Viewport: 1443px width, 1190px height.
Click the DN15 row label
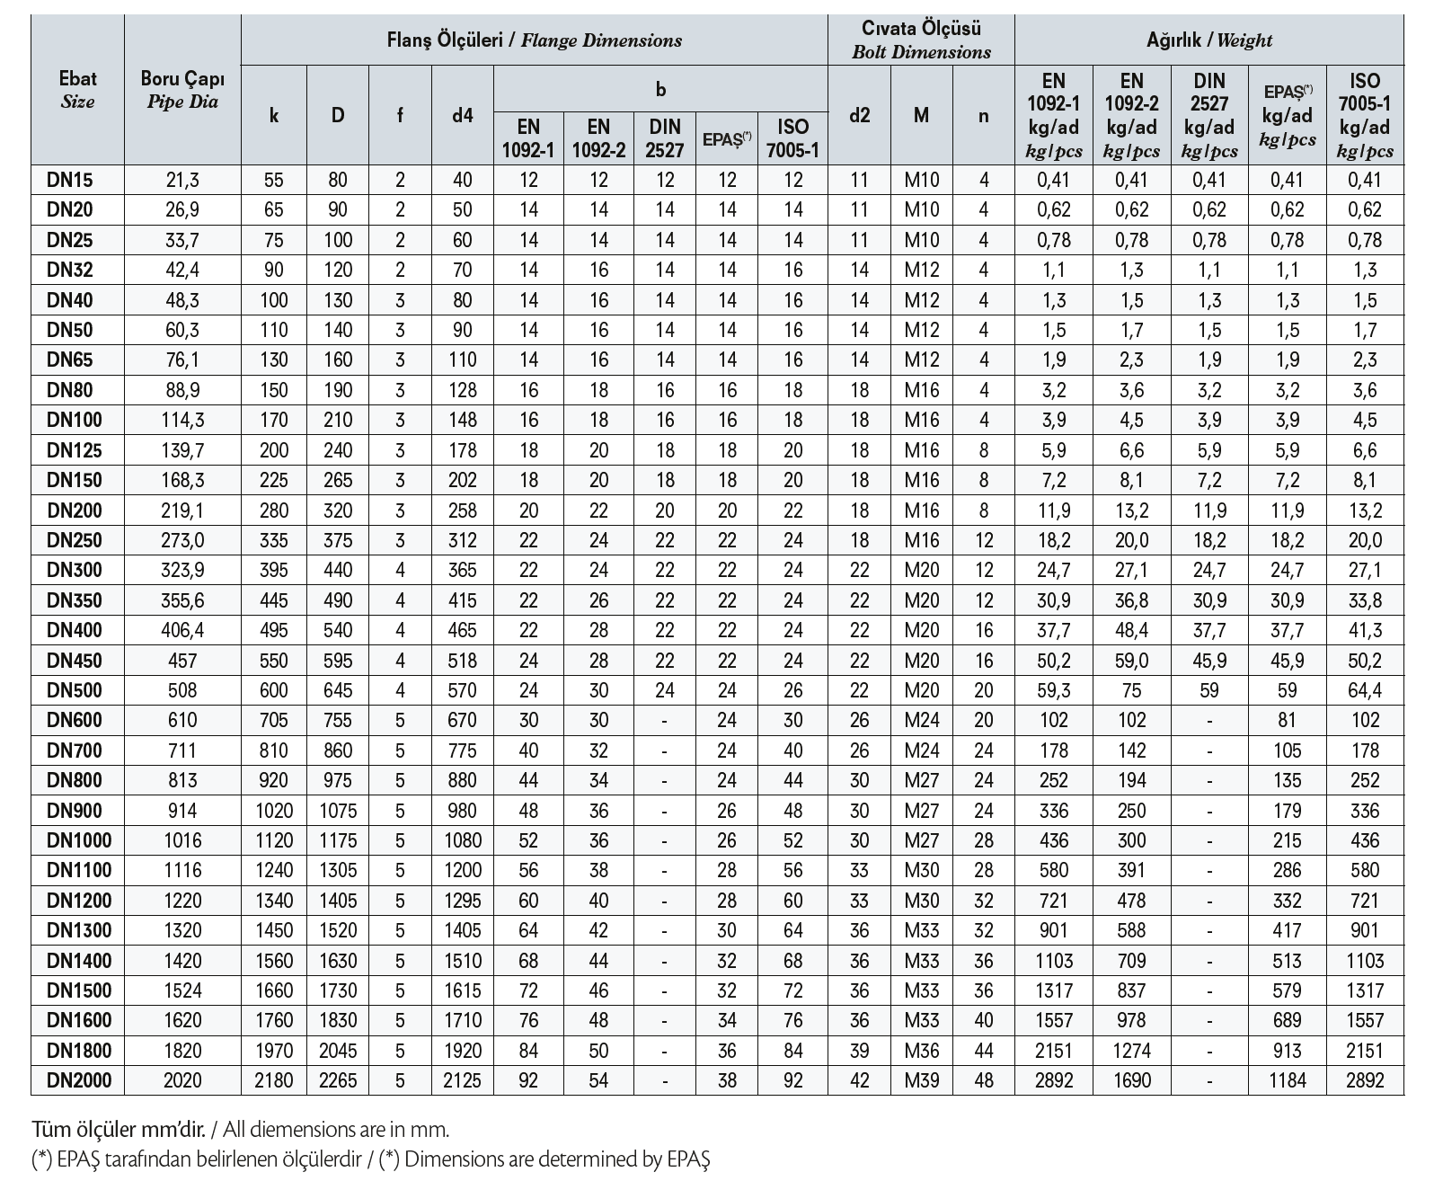coord(69,180)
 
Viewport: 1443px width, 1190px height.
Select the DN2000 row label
coord(78,1080)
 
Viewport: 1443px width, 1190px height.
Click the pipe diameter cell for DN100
coord(182,420)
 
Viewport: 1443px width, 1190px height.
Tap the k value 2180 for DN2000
coord(274,1080)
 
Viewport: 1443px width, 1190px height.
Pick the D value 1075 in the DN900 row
coord(338,811)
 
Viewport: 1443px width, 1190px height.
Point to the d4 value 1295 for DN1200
coord(462,901)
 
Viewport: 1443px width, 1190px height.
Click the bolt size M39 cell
coord(921,1080)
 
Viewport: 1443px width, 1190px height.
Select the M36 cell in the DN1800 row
coord(921,1051)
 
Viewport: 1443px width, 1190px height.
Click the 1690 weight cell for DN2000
coord(1131,1080)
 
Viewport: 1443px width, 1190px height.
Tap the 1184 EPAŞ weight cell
coord(1287,1080)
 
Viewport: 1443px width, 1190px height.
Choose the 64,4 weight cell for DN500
coord(1364,690)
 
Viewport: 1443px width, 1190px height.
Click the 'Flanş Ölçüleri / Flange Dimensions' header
coord(534,40)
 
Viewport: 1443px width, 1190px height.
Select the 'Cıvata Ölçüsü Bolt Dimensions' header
coord(921,40)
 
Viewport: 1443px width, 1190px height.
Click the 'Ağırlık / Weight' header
coord(1208,40)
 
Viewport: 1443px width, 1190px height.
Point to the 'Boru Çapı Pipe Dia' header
coord(182,90)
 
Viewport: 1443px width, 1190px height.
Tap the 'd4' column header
coord(462,115)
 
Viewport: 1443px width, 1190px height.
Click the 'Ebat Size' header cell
coord(77,90)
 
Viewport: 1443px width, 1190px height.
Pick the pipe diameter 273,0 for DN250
coord(182,540)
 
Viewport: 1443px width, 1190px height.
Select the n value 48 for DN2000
coord(984,1080)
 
